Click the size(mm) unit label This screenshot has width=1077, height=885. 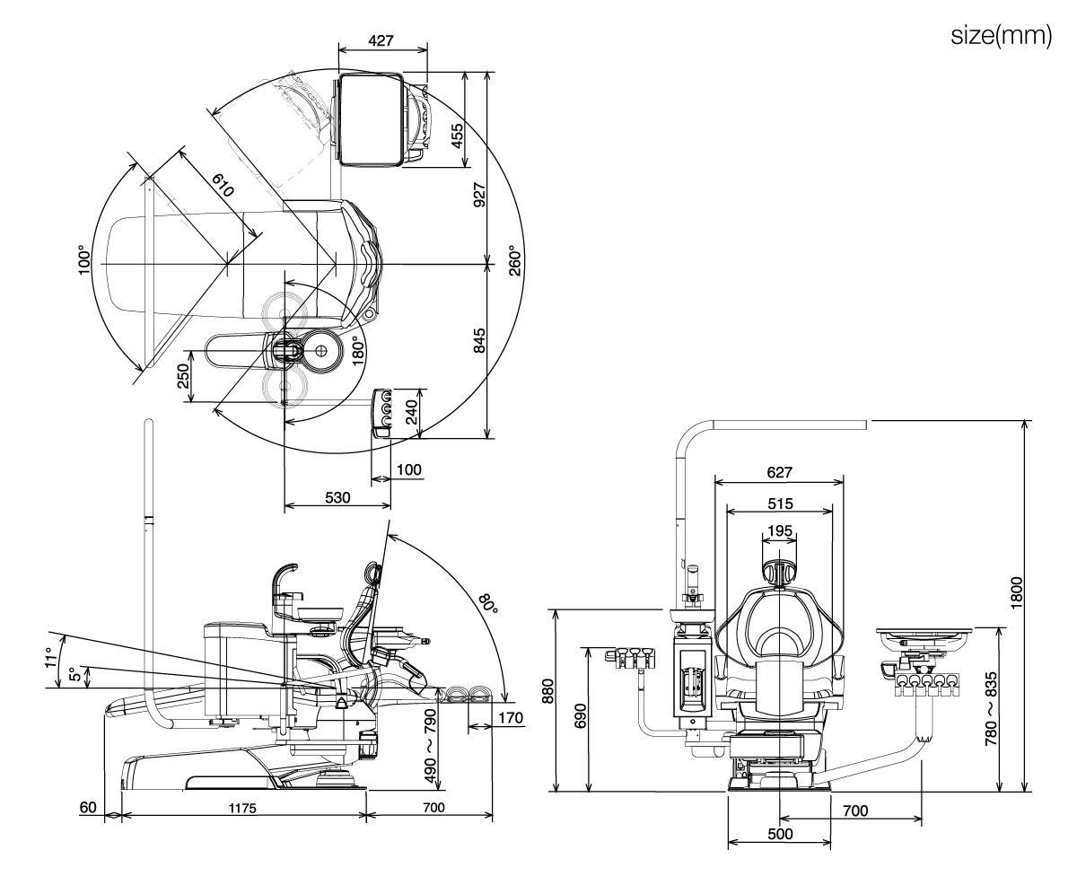point(1001,37)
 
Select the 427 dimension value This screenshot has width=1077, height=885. point(381,41)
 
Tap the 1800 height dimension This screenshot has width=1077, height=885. point(1017,592)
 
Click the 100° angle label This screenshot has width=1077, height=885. point(84,260)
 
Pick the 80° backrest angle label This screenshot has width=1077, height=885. point(487,603)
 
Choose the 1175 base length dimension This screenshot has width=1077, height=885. point(242,808)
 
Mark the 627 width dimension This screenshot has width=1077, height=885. point(779,472)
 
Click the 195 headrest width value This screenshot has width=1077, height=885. point(780,530)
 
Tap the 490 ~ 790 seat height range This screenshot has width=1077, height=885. point(430,746)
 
